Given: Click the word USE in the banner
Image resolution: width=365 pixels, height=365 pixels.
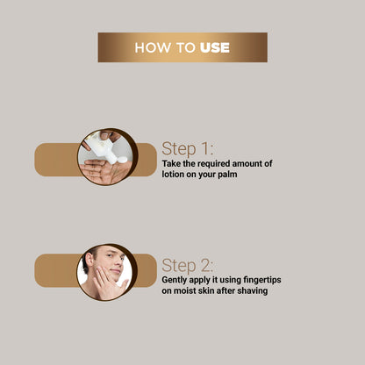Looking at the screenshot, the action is (215, 47).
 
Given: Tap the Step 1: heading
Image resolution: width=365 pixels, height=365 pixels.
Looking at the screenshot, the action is (187, 148).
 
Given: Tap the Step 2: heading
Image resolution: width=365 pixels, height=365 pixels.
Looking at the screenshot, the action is (187, 266).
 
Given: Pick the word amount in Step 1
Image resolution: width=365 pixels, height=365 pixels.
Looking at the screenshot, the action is (247, 163).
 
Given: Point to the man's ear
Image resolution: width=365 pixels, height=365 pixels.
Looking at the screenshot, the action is (89, 259).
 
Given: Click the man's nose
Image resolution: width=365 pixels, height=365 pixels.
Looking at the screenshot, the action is (118, 264).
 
